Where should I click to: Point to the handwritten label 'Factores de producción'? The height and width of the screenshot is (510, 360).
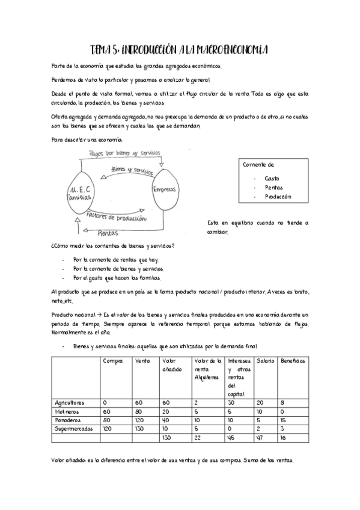117,217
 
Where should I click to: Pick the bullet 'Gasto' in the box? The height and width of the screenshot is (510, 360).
272,179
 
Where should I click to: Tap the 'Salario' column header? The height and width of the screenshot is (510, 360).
265,361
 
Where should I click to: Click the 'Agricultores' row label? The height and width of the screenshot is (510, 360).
69,402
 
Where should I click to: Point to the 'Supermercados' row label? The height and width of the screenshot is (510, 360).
72,429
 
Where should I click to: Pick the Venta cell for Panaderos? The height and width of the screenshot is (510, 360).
139,420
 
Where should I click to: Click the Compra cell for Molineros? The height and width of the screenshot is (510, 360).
106,411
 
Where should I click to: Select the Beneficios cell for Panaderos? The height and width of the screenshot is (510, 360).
282,420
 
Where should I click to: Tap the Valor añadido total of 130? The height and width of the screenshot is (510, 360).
168,438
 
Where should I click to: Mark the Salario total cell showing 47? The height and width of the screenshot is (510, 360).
260,438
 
